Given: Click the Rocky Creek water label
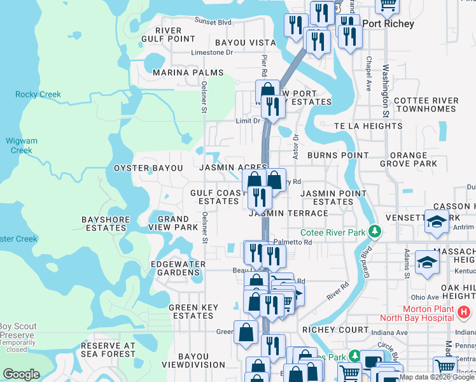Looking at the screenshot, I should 38,95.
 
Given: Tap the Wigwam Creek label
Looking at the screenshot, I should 21,146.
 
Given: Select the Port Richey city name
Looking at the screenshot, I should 388,24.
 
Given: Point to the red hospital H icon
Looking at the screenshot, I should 465,313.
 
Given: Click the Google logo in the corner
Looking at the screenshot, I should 21,374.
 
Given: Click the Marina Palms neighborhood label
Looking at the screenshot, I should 188,73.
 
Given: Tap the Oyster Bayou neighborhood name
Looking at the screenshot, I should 148,168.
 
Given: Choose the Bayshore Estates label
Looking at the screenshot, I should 105,223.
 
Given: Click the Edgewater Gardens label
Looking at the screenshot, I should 178,268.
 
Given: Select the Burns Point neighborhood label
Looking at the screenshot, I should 338,155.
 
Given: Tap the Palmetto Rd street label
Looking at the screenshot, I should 293,242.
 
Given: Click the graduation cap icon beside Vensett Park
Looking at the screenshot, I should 437,222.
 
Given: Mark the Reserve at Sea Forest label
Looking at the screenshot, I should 108,350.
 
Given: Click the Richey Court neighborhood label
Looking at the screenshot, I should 335,330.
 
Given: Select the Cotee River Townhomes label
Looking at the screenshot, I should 426,104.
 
